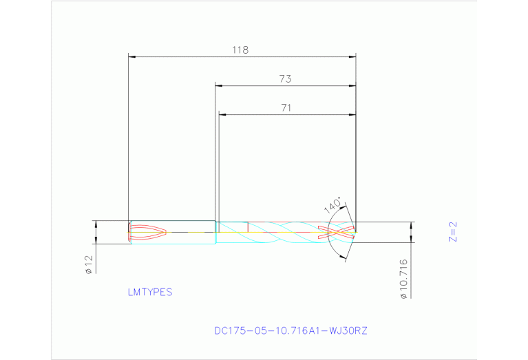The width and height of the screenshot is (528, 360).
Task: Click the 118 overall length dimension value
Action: (240, 50)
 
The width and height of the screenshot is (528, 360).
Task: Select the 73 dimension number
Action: (285, 79)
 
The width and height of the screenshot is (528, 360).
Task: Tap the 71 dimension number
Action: (286, 107)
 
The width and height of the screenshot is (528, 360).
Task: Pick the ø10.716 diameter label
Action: (403, 278)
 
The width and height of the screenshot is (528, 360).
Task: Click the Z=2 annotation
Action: (452, 232)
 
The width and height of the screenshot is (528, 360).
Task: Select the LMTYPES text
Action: (149, 292)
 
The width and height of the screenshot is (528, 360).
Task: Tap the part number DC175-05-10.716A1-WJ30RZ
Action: (291, 331)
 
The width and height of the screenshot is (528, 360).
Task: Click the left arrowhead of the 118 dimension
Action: (132, 56)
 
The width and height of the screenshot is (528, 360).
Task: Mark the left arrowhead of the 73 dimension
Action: (219, 85)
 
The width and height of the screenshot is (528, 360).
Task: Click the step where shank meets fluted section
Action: (215, 232)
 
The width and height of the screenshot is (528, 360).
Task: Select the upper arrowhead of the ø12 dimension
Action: (96, 224)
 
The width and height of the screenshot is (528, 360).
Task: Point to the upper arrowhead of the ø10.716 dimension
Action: (412, 225)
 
